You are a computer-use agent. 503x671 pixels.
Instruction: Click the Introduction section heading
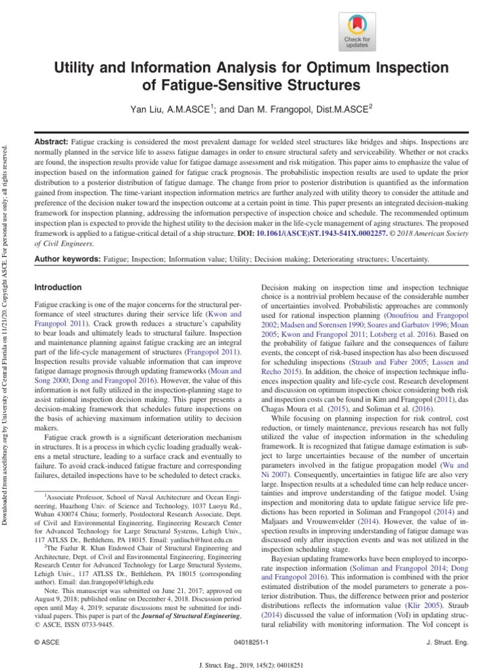point(58,288)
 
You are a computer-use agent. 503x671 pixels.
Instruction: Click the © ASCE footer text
point(45,644)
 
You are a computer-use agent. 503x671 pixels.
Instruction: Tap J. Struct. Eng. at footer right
point(447,644)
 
